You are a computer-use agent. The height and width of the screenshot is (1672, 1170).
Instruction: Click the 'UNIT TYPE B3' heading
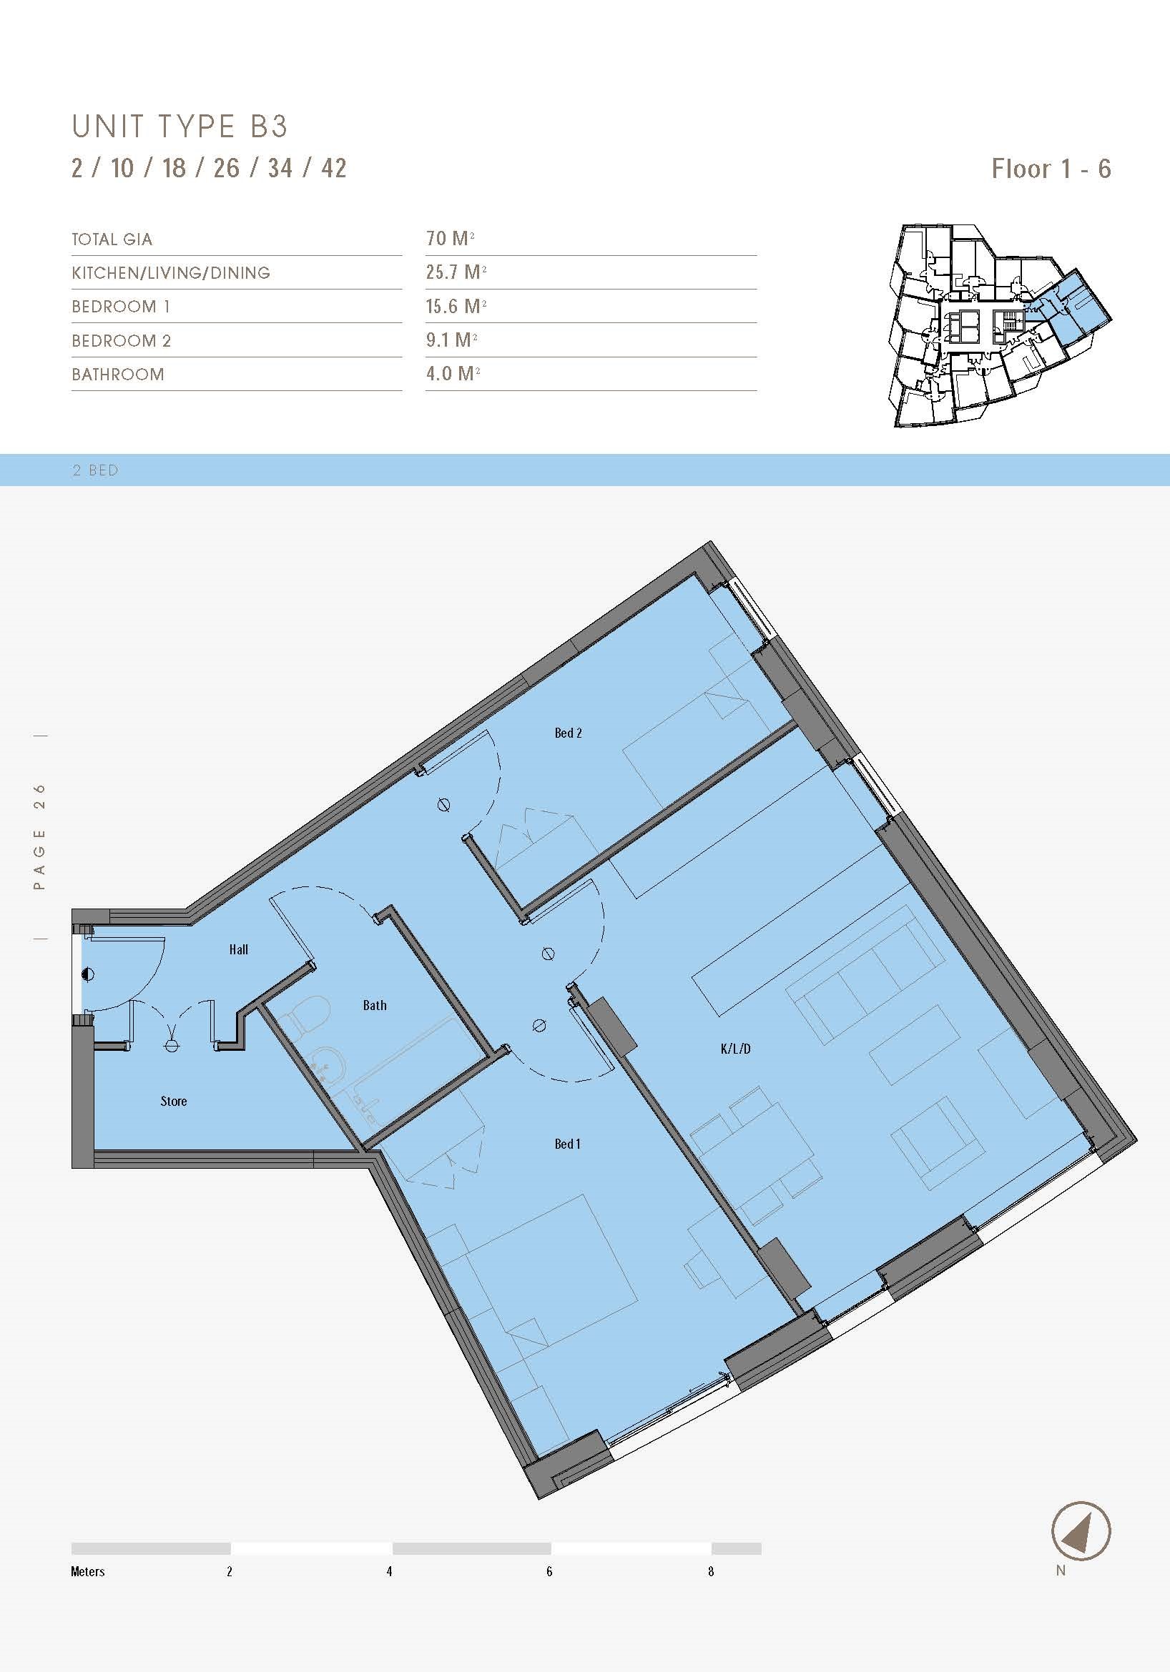(x=180, y=127)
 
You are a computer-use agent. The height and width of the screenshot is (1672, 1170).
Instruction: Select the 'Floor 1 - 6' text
(x=1051, y=169)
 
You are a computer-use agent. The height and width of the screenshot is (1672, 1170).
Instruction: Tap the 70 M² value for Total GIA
(x=451, y=238)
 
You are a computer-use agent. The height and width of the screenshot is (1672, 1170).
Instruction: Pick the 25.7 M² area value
(x=456, y=272)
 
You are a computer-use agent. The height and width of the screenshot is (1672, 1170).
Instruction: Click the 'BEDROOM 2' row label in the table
(x=121, y=341)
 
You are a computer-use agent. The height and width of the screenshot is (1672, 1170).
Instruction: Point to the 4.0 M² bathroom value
(x=453, y=374)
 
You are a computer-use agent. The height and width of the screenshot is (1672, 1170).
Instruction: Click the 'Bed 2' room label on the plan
(x=569, y=733)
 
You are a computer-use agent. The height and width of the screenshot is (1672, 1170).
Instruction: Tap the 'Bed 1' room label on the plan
(x=568, y=1144)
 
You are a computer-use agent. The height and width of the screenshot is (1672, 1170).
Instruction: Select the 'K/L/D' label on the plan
(x=735, y=1049)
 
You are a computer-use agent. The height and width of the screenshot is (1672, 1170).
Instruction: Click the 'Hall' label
(x=238, y=949)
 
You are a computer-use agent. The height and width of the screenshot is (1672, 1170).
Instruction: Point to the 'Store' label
(x=173, y=1102)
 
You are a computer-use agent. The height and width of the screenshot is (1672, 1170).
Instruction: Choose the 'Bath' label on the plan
(x=375, y=1006)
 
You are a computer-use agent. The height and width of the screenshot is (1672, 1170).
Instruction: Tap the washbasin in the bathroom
(x=328, y=1068)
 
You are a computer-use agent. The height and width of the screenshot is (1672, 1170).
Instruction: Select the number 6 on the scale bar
(x=549, y=1571)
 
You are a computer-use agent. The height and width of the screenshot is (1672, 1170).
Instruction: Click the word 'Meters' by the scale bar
(x=87, y=1571)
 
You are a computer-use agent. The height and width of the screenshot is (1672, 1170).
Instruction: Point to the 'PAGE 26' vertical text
(x=40, y=837)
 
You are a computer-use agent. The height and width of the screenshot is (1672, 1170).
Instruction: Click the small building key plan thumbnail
(x=999, y=325)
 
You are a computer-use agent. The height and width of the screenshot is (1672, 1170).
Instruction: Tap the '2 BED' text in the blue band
(x=95, y=470)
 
